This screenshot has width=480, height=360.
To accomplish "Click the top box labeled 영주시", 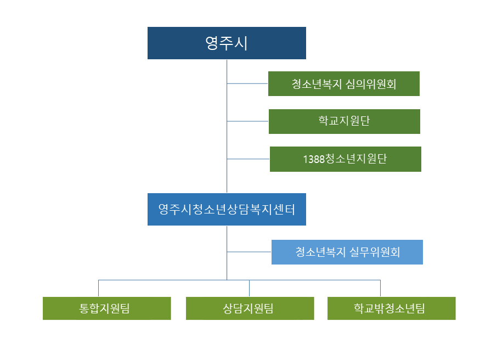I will coord(227,43).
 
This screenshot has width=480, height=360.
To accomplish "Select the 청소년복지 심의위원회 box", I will coord(344,84).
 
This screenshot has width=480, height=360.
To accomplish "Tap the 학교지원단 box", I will coord(344,121).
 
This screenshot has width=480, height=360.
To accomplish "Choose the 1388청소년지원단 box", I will coord(345,159).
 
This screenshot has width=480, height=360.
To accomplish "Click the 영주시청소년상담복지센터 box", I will coord(227,209).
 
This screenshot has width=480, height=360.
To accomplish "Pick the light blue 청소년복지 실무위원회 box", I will coord(347,252).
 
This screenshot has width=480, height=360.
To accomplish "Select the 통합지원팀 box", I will coord(106,308).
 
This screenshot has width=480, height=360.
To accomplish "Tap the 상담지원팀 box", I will coord(250,308).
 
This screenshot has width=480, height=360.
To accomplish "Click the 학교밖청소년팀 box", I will coord(391,308).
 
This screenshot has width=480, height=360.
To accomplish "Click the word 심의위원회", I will coord(371,84).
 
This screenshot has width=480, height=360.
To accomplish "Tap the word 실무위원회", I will coord(375,252).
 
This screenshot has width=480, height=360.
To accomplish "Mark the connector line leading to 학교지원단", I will coord(247,121).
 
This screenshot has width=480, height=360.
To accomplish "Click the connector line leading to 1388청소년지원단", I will coord(248,159).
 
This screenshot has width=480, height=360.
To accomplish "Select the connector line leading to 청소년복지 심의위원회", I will coord(247,84).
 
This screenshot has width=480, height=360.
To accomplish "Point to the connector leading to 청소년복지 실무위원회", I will coord(249,252).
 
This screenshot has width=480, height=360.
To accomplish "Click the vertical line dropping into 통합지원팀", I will coord(99,288).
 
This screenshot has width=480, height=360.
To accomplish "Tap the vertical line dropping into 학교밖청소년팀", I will coord(380,288).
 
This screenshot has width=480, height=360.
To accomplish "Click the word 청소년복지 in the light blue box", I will coord(320,252).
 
